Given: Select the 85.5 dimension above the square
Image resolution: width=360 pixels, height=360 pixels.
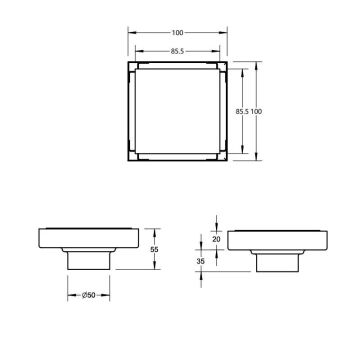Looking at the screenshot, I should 177,48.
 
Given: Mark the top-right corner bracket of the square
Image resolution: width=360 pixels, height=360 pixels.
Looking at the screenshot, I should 217,70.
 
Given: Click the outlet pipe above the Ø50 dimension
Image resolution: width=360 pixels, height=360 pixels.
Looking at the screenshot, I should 90,262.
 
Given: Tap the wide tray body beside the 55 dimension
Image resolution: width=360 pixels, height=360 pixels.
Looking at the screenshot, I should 90,240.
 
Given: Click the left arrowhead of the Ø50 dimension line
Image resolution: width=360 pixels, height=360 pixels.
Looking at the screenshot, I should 71,296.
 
